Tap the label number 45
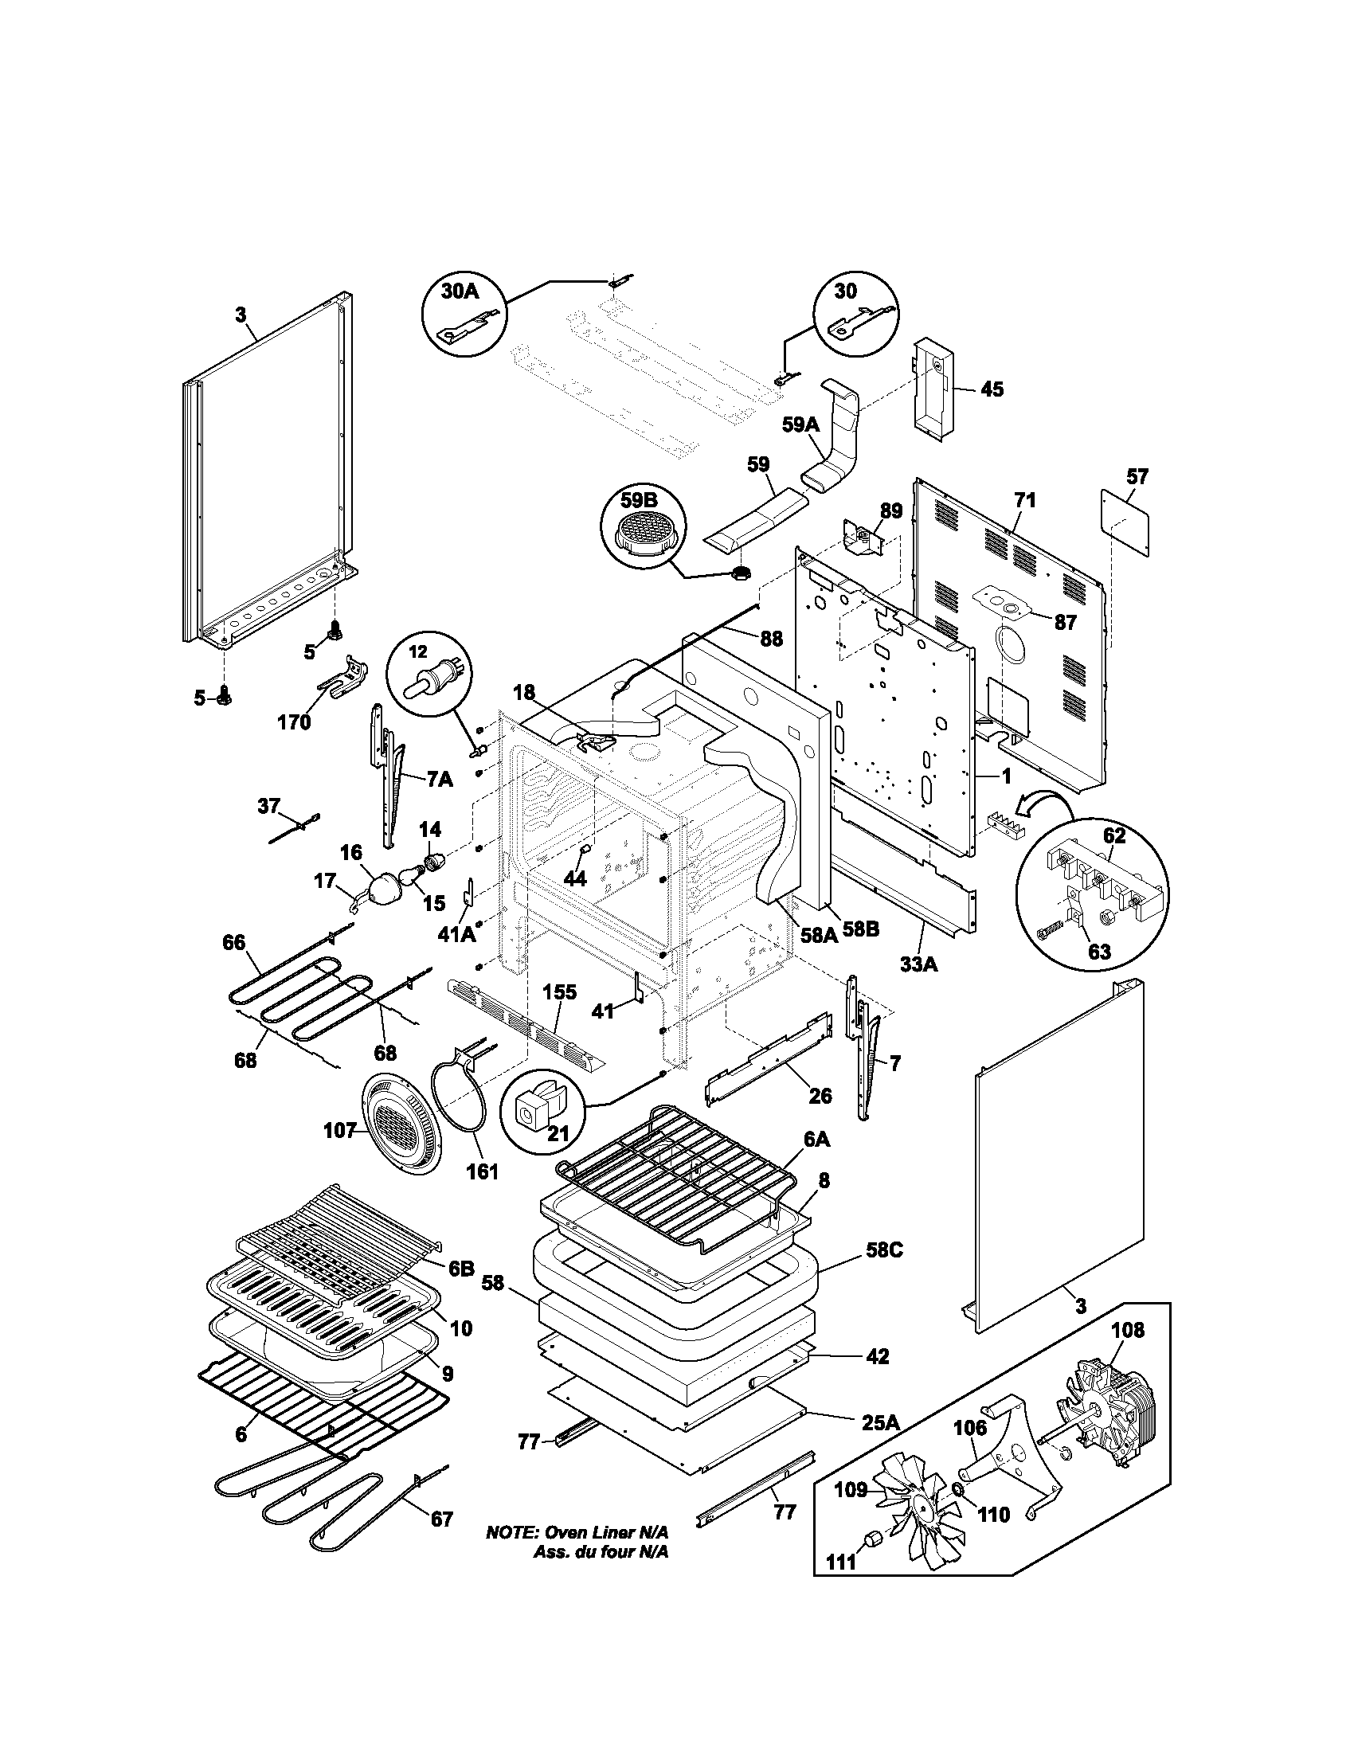pyautogui.click(x=992, y=389)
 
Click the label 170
pyautogui.click(x=294, y=722)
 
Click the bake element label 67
pyautogui.click(x=441, y=1519)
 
